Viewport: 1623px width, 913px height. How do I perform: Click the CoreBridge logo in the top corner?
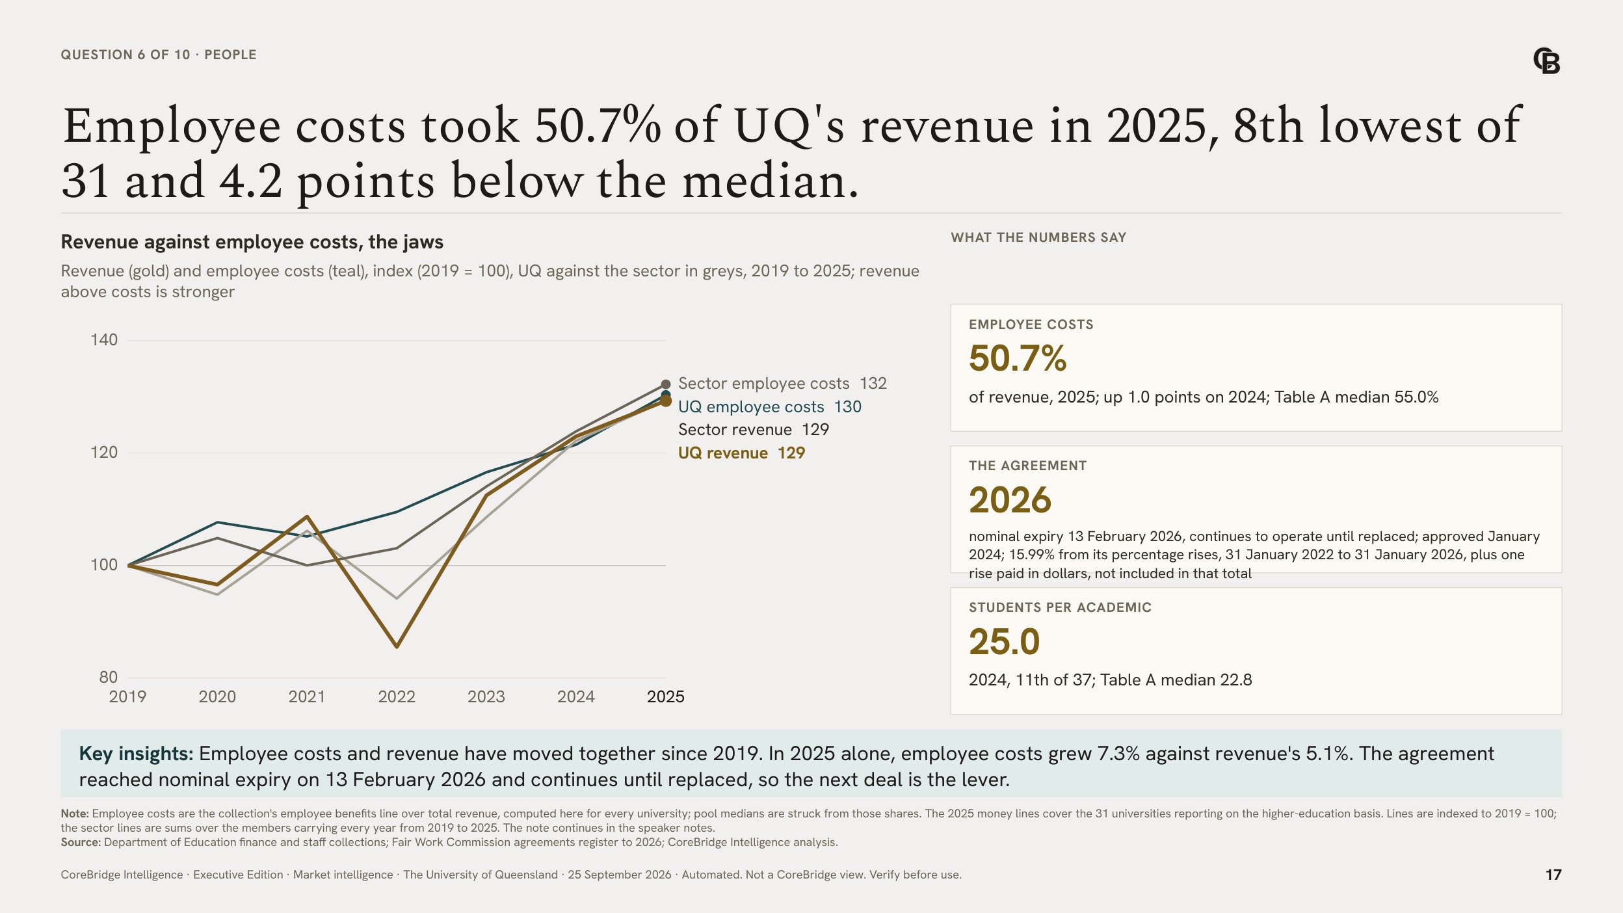pos(1546,61)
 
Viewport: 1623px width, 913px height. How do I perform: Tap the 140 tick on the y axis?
pos(104,340)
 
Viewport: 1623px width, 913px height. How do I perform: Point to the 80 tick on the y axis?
pos(108,678)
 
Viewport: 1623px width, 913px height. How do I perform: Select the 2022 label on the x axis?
pos(397,697)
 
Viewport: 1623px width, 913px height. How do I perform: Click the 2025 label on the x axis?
pos(665,697)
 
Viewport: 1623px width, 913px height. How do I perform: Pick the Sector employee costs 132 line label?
pos(782,384)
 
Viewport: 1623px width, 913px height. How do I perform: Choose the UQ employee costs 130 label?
pos(769,407)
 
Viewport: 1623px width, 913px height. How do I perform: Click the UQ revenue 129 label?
pos(741,453)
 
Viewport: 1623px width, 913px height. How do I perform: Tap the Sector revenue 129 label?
pos(753,430)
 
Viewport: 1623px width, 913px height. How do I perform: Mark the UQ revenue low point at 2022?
pos(397,646)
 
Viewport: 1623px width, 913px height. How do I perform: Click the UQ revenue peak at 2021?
pos(307,517)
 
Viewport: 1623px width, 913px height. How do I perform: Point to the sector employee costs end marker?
pos(665,384)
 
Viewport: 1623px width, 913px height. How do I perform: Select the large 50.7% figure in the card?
pos(1018,358)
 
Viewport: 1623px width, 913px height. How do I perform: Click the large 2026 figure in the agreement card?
pos(1010,500)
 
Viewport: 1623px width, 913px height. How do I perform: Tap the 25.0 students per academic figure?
pos(1004,642)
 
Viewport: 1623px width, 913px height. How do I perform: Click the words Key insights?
pos(136,754)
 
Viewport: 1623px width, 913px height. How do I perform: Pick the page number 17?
pos(1553,875)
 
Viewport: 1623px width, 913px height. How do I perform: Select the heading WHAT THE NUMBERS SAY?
pos(1038,238)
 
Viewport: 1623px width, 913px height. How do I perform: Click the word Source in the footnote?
pos(81,843)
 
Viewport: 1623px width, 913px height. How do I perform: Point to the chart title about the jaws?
pos(252,242)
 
